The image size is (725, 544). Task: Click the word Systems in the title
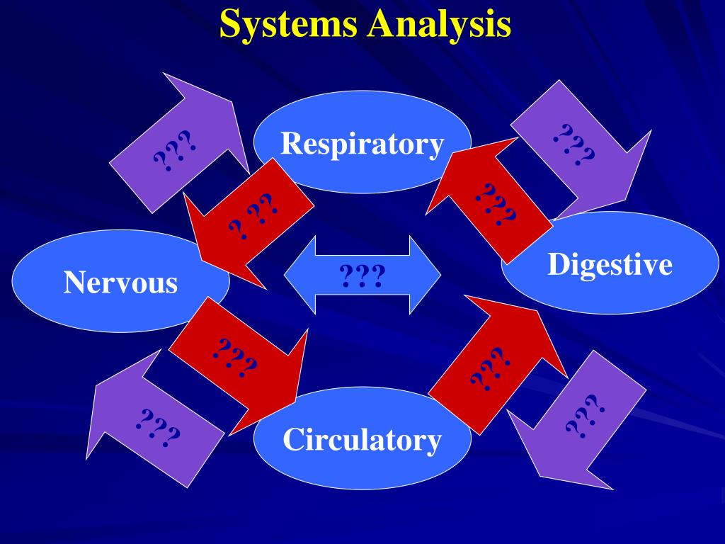pyautogui.click(x=289, y=24)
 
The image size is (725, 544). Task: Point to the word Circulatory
pyautogui.click(x=362, y=440)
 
